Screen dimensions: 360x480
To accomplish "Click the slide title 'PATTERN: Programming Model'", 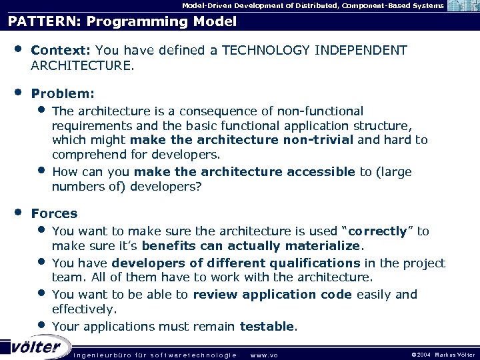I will pos(122,21).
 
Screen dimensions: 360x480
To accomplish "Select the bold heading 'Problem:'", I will pos(63,94).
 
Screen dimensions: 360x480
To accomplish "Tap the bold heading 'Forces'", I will pos(54,213).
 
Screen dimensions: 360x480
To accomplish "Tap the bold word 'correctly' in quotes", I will pos(378,231).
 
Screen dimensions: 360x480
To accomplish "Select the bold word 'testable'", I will pos(267,326).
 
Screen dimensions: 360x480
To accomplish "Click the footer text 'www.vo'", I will pos(263,354).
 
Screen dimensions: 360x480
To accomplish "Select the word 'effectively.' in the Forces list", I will pos(84,309).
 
